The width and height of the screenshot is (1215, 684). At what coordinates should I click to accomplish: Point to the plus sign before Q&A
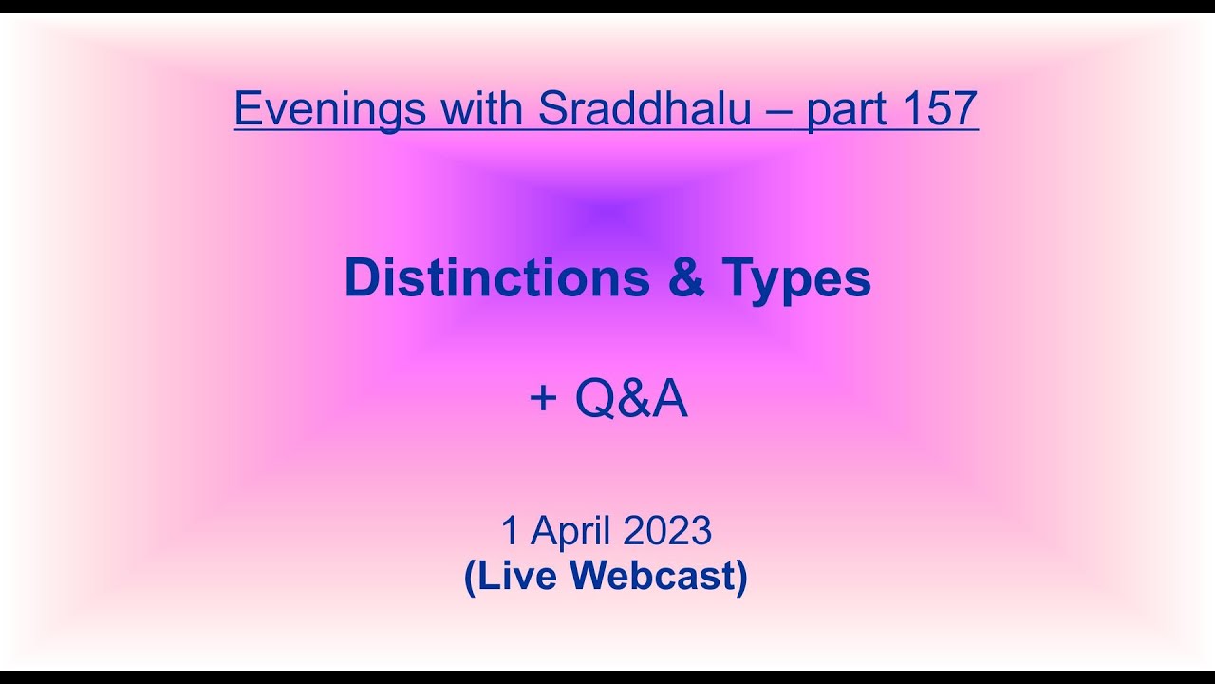(543, 400)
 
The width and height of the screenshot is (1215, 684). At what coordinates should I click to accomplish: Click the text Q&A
(630, 400)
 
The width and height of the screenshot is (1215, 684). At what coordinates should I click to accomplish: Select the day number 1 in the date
(510, 531)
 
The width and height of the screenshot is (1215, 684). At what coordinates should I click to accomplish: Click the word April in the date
(568, 532)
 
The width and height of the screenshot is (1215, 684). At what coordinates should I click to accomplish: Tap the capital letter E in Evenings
(246, 108)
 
